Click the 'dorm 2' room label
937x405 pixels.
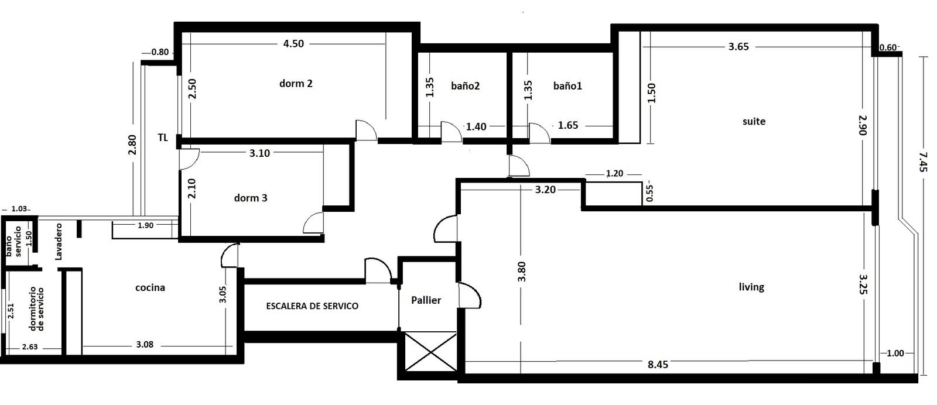pyautogui.click(x=296, y=84)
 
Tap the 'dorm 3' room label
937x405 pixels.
pyautogui.click(x=251, y=198)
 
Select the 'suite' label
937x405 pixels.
pyautogui.click(x=754, y=122)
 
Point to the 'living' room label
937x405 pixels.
pyautogui.click(x=751, y=287)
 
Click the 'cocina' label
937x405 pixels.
pyautogui.click(x=150, y=287)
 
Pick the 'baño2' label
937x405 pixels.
pyautogui.click(x=465, y=86)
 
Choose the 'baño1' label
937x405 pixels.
pyautogui.click(x=567, y=86)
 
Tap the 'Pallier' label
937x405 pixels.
pyautogui.click(x=426, y=300)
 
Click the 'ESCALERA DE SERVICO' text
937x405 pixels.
pyautogui.click(x=312, y=306)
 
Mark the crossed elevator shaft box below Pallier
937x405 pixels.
pyautogui.click(x=430, y=352)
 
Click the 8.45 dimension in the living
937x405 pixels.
pyautogui.click(x=658, y=365)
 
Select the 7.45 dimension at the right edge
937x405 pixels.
pyautogui.click(x=924, y=162)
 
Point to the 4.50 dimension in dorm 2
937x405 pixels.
pyautogui.click(x=293, y=44)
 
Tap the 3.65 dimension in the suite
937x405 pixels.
pyautogui.click(x=738, y=47)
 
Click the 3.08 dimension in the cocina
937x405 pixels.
pyautogui.click(x=145, y=345)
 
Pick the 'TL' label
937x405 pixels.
pyautogui.click(x=163, y=138)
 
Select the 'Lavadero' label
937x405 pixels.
pyautogui.click(x=59, y=242)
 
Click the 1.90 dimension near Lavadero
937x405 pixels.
pyautogui.click(x=146, y=226)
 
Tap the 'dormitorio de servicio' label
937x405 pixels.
pyautogui.click(x=36, y=309)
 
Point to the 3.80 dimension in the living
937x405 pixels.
pyautogui.click(x=522, y=272)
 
